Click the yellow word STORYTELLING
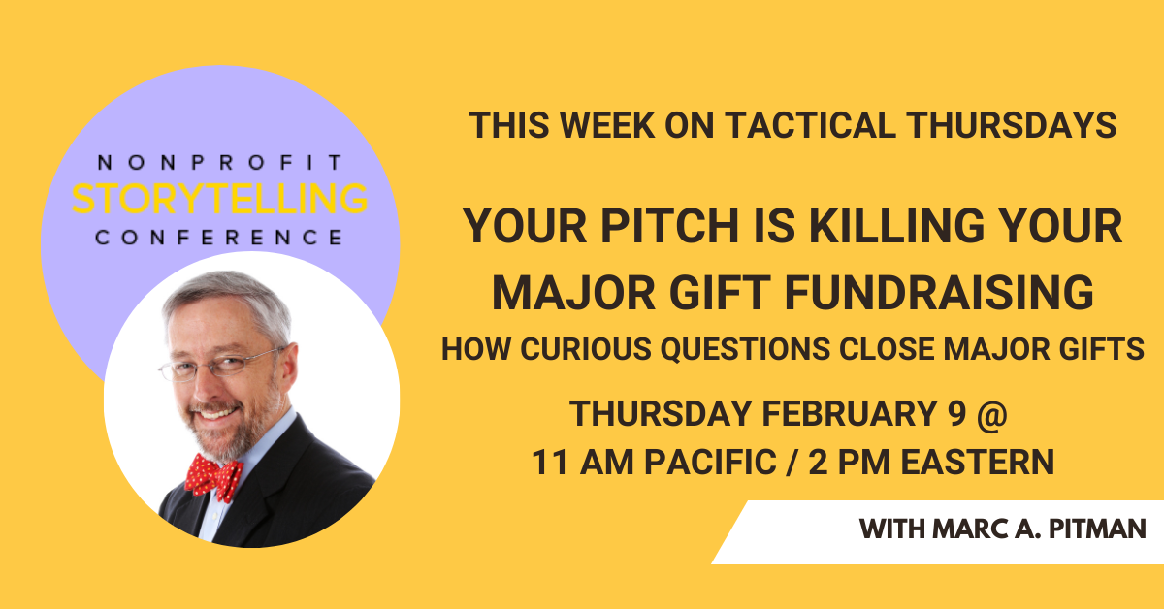(220, 199)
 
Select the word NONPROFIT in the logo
(220, 163)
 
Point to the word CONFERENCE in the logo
(219, 238)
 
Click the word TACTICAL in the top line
(810, 125)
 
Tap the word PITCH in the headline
(670, 226)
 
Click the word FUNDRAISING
(939, 293)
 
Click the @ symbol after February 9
(992, 414)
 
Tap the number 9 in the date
(956, 414)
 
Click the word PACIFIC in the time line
(710, 462)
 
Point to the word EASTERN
(978, 462)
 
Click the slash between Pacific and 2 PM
(792, 462)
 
